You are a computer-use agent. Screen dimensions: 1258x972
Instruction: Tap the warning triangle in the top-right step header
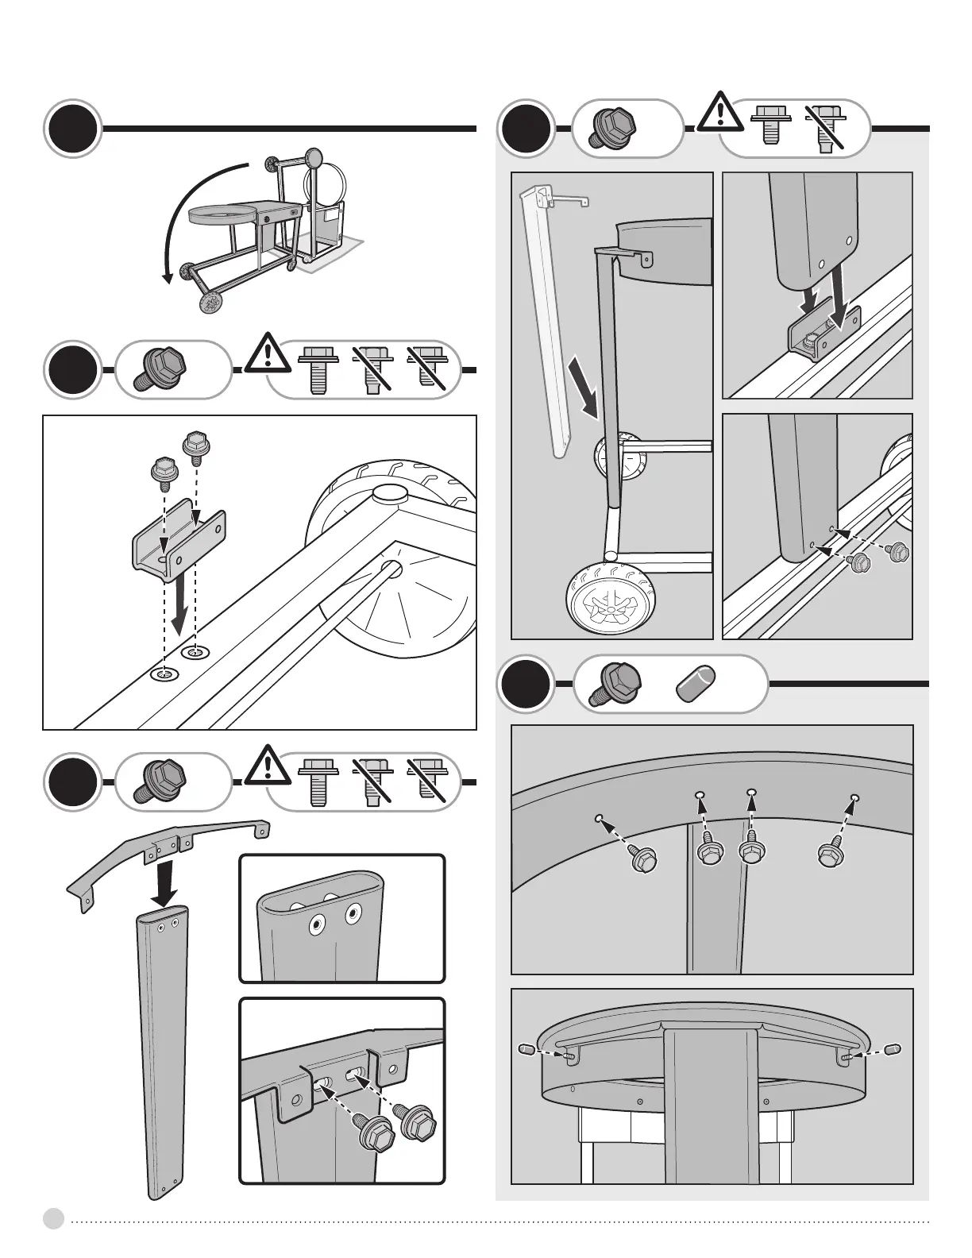click(719, 112)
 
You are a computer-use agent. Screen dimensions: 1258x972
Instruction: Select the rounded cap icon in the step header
click(696, 683)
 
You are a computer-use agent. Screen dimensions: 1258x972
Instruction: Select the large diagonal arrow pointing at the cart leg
click(584, 386)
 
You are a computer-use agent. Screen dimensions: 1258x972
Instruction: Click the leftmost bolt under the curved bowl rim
click(642, 859)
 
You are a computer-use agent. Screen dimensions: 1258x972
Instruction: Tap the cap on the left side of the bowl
click(526, 1050)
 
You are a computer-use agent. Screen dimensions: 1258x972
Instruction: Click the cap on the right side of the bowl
click(892, 1049)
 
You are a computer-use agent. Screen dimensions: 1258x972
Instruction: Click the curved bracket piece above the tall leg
click(167, 850)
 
